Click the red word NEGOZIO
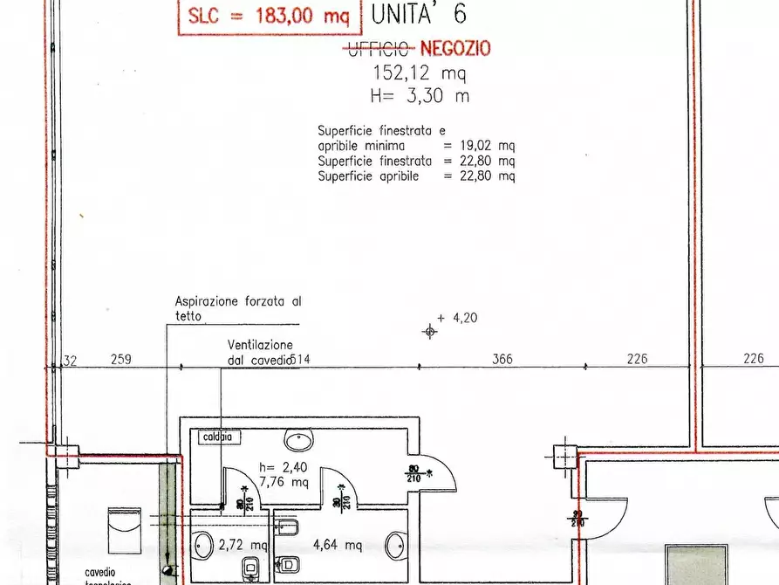click(x=456, y=50)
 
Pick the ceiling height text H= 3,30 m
click(x=420, y=96)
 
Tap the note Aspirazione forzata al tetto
click(x=237, y=307)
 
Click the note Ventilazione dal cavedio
click(x=261, y=352)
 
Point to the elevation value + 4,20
click(x=458, y=319)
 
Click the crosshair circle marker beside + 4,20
click(x=429, y=331)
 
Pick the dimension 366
click(x=502, y=359)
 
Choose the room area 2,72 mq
click(x=243, y=545)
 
